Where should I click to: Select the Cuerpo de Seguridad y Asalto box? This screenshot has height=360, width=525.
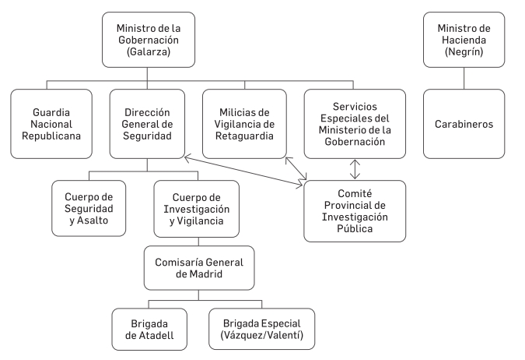[89, 209]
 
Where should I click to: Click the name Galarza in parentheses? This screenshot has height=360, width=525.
[147, 54]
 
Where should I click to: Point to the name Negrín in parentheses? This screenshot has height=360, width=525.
[464, 54]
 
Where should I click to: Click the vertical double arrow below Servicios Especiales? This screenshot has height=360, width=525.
[355, 168]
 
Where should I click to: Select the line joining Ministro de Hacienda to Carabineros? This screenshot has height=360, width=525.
[464, 78]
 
